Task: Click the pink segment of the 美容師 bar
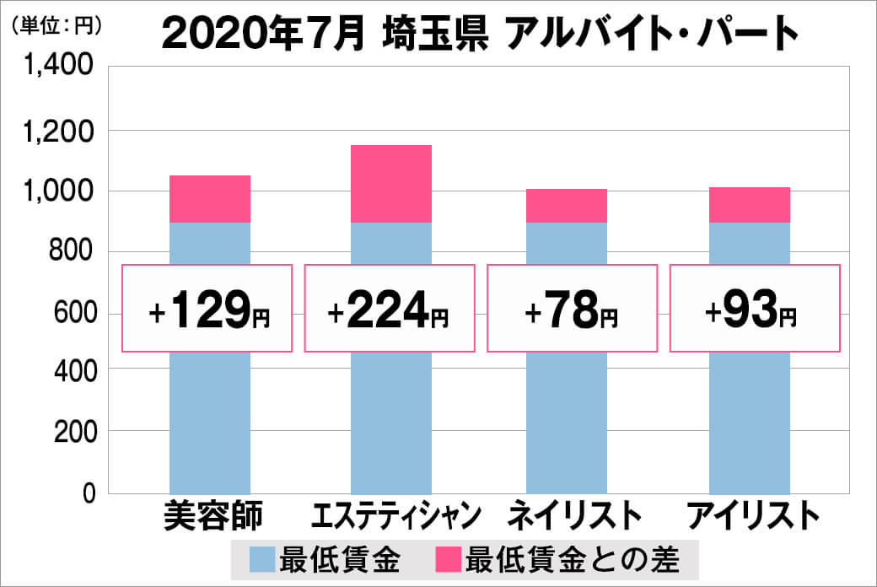(210, 199)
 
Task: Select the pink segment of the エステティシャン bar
(390, 184)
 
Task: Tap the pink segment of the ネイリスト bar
(566, 206)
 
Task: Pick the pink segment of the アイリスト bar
(749, 205)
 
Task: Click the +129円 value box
(207, 309)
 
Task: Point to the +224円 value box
(389, 309)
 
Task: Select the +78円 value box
(571, 309)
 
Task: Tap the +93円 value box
(755, 309)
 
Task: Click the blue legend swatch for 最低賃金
(263, 558)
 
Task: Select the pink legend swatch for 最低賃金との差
(448, 558)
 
